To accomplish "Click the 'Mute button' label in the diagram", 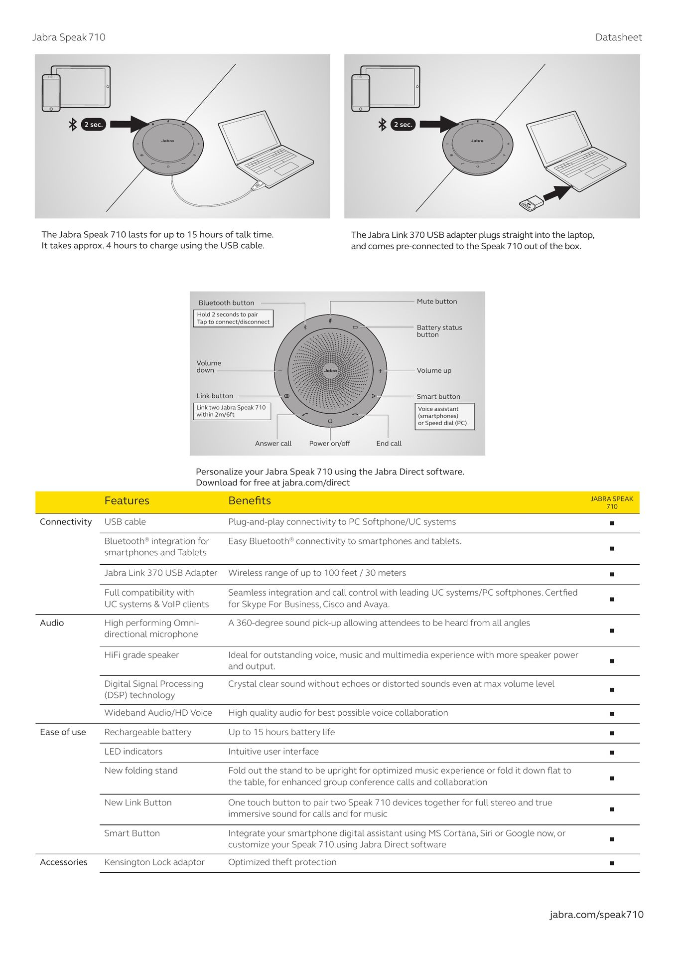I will click(x=436, y=302).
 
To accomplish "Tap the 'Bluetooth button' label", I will click(x=226, y=303).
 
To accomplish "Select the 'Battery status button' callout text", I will click(x=439, y=331).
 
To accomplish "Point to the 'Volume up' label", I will click(x=434, y=371).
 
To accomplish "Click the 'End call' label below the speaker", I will click(x=389, y=444).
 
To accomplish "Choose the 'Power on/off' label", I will click(x=329, y=444).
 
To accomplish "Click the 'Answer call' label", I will click(x=273, y=444).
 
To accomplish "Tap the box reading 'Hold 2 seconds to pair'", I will click(x=233, y=319).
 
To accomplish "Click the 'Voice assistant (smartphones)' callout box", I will click(x=444, y=416).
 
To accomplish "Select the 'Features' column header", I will click(x=127, y=501).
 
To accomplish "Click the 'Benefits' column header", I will click(x=250, y=501).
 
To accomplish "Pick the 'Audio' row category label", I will click(x=52, y=623).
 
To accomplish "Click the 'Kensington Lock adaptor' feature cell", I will click(x=154, y=862).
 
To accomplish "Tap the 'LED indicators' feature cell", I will click(x=133, y=752).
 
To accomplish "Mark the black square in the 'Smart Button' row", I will click(x=612, y=839).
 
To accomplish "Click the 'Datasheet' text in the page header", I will click(x=618, y=37).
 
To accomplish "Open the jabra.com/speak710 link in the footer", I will click(x=596, y=915).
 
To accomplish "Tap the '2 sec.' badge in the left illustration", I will click(x=94, y=125).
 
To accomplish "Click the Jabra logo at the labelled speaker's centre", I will click(x=330, y=370).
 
